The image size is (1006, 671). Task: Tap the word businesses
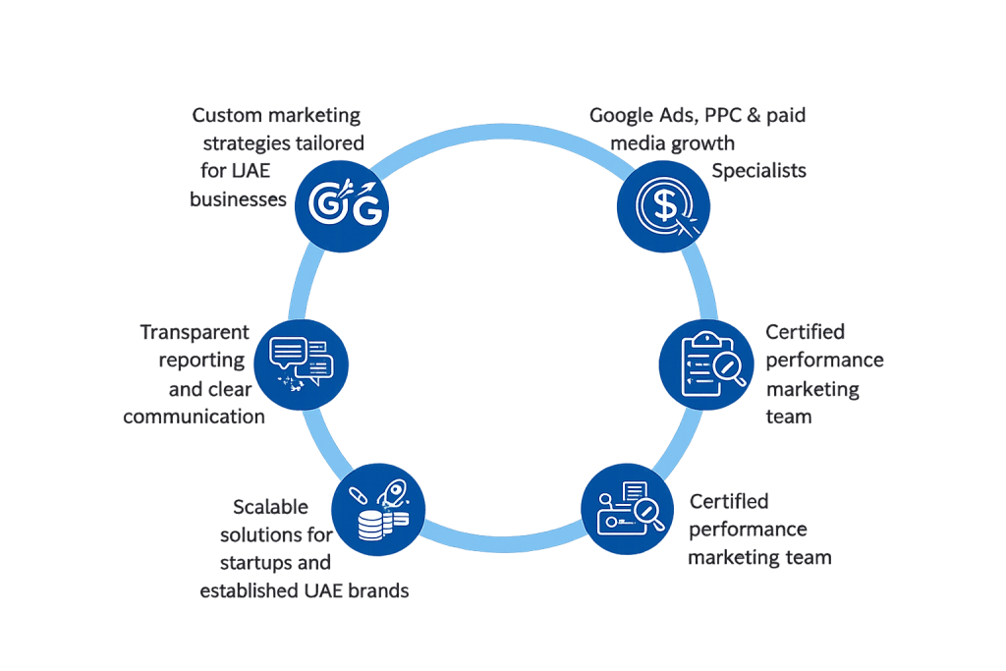[x=238, y=199]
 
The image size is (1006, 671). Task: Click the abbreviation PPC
[x=724, y=115]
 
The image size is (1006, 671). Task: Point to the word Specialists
[x=758, y=170]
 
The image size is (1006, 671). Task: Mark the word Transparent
[x=195, y=332]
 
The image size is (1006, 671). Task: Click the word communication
[x=195, y=416]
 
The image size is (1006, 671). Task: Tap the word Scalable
[x=270, y=508]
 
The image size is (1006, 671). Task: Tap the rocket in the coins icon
[x=399, y=488]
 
